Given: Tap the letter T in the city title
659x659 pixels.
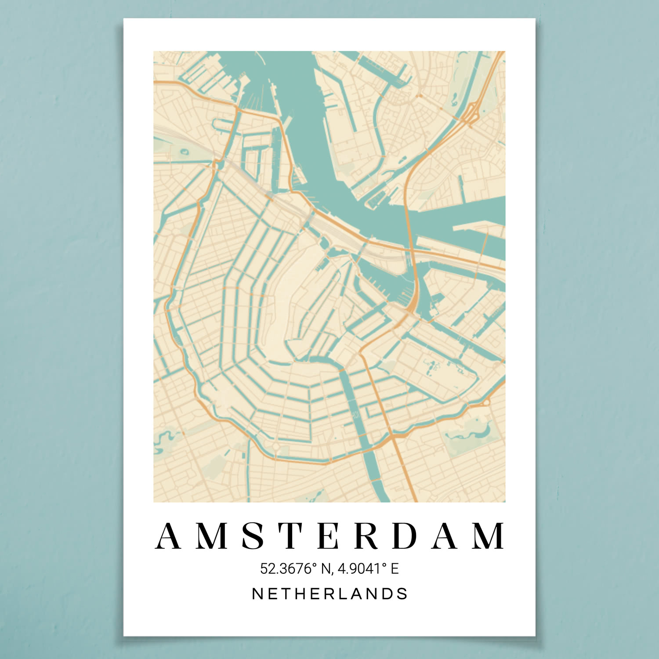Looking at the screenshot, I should [292, 536].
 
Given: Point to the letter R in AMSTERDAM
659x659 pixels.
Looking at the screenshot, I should [367, 536].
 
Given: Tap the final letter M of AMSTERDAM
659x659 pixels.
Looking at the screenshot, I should [489, 536].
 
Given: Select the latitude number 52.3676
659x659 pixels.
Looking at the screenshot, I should [286, 568].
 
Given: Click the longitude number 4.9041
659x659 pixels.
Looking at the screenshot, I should [358, 568].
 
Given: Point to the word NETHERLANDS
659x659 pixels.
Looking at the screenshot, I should [329, 594].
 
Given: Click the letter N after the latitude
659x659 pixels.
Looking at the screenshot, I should [326, 568].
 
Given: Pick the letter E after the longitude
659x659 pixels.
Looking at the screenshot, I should [395, 568].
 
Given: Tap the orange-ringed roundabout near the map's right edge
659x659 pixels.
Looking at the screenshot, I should [485, 402].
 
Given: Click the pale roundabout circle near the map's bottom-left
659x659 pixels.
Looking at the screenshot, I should [275, 447].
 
